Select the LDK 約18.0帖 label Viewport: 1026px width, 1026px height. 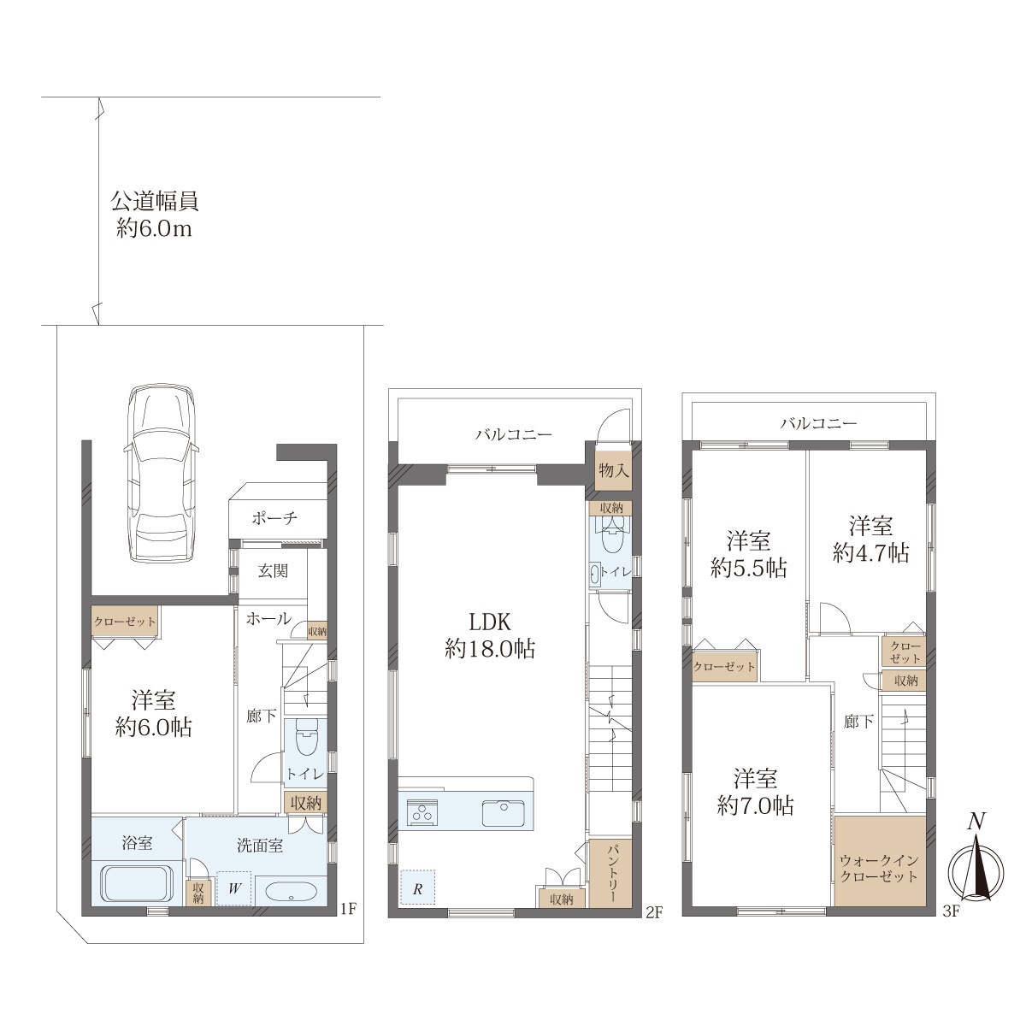[489, 635]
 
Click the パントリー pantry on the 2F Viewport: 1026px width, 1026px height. [610, 873]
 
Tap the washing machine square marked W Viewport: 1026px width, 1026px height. [234, 887]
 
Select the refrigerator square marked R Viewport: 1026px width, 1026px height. [417, 887]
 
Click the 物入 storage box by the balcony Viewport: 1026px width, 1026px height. [614, 470]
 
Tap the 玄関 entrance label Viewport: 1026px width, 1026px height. [273, 571]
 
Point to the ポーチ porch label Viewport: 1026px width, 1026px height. [274, 517]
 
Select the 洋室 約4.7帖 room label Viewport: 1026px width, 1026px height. [870, 540]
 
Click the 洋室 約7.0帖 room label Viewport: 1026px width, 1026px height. [755, 793]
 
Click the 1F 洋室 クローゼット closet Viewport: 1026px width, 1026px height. [125, 622]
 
